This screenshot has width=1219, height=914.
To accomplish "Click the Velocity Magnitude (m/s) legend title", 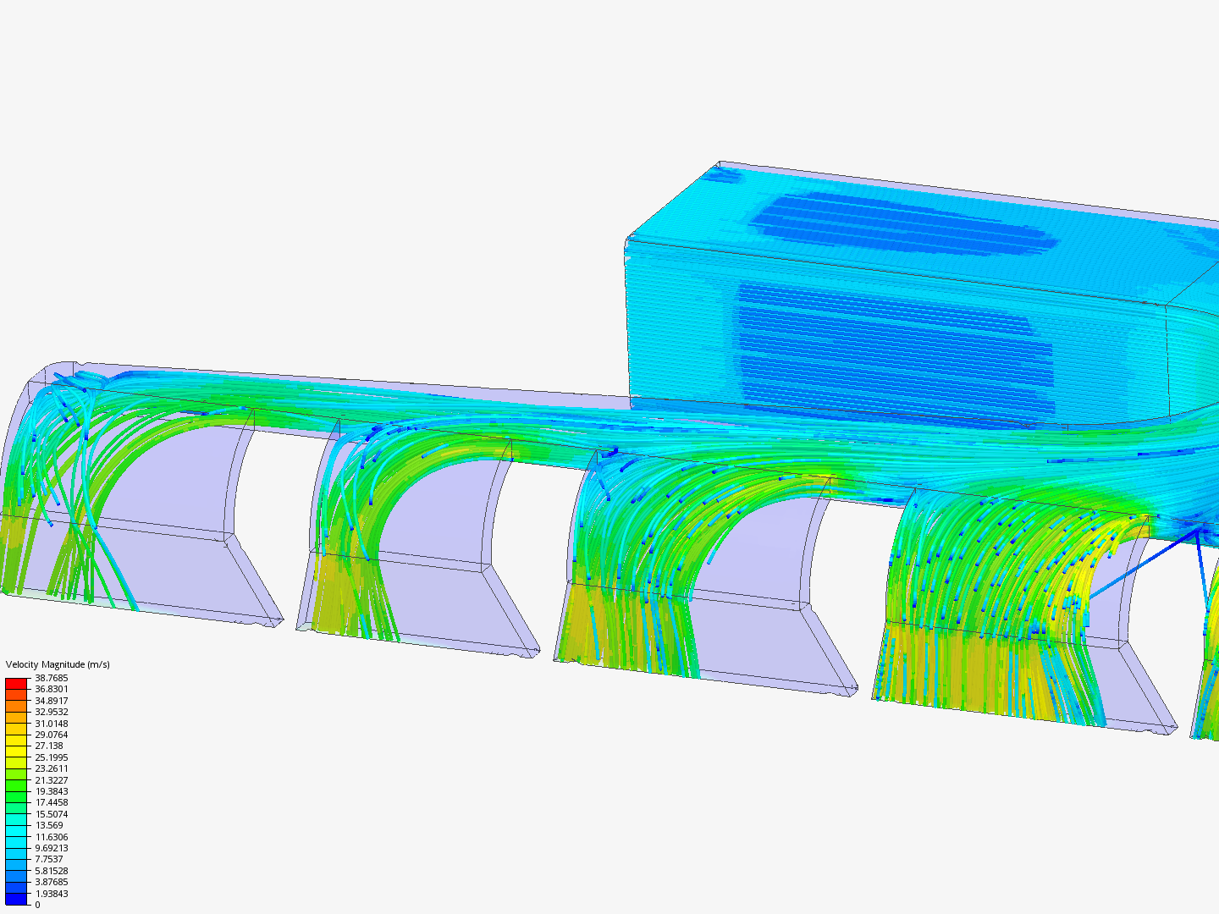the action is tap(58, 664).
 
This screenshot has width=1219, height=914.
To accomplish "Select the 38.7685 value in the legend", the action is tap(51, 678).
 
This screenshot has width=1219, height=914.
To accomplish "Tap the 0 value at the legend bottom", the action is tap(37, 905).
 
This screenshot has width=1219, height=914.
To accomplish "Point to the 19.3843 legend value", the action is tap(51, 791).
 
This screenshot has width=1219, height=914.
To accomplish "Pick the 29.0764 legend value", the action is tap(51, 735).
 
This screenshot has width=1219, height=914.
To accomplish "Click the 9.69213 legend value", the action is tap(51, 848).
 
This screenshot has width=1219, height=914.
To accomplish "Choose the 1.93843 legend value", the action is tap(51, 894).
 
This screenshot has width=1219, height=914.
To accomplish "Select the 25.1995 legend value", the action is tap(51, 757).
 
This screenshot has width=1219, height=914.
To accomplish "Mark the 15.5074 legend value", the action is tap(51, 814).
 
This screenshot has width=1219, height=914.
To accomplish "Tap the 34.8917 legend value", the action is tap(51, 701).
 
